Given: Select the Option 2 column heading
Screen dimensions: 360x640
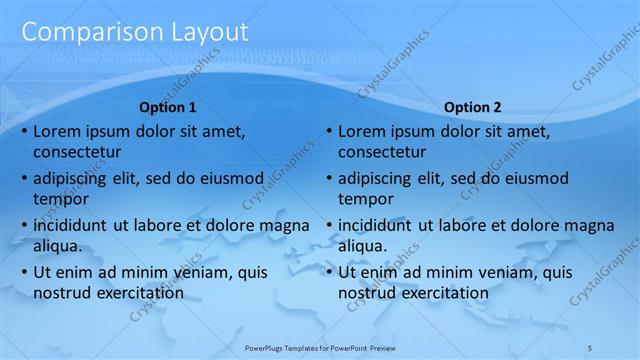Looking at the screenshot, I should pos(472,107).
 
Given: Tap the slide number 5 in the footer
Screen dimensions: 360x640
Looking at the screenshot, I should pos(590,346).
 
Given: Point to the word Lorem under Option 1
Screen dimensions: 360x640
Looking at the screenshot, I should pos(56,131).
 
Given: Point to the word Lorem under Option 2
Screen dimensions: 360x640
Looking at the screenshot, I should pos(361,131).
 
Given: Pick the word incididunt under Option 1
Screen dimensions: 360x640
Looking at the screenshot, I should pos(71,225).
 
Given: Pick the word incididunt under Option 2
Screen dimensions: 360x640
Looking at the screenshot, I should pos(376,225).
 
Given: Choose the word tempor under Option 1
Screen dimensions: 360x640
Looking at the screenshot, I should pos(59,199).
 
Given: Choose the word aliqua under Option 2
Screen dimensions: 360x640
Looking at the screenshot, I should pos(362,246).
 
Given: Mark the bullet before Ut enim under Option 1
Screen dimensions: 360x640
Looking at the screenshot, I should pos(23,272).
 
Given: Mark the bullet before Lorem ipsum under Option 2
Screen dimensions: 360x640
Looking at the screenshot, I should pos(328,131).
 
